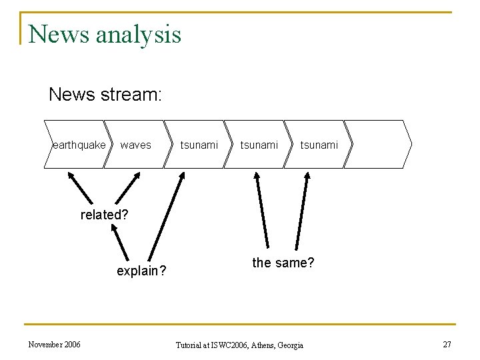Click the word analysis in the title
click(x=138, y=35)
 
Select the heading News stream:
click(x=105, y=95)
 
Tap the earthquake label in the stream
click(x=79, y=145)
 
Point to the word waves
click(x=135, y=145)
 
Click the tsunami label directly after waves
click(x=199, y=145)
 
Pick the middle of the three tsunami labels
click(x=259, y=145)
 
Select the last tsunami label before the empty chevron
click(x=319, y=145)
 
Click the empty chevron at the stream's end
click(x=378, y=144)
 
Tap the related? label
click(x=103, y=215)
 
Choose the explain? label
click(x=141, y=271)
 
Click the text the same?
click(x=283, y=263)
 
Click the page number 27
click(x=446, y=344)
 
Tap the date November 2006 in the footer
click(x=54, y=344)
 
